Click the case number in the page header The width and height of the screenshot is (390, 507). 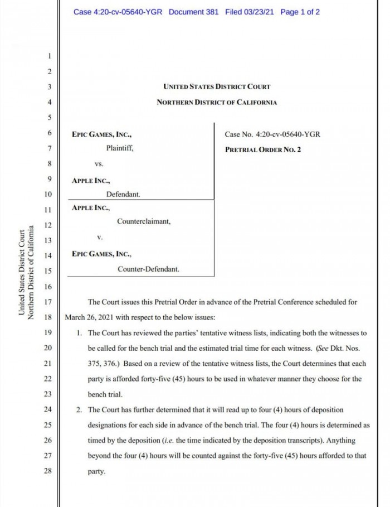118,12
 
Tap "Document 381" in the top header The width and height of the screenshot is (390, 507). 193,12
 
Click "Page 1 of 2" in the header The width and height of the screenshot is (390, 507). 301,12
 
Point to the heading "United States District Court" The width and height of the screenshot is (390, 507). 217,86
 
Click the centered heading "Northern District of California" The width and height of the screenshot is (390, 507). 217,102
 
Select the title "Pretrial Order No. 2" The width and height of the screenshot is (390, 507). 263,149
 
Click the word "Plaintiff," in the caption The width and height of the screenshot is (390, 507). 120,149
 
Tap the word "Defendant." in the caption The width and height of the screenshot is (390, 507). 123,195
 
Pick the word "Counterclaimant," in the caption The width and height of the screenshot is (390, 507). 144,221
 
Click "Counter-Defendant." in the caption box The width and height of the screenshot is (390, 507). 148,269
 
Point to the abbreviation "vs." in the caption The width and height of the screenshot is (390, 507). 99,165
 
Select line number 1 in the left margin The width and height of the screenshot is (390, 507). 49,56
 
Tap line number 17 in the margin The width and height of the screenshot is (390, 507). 47,302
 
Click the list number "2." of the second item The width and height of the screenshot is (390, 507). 80,410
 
